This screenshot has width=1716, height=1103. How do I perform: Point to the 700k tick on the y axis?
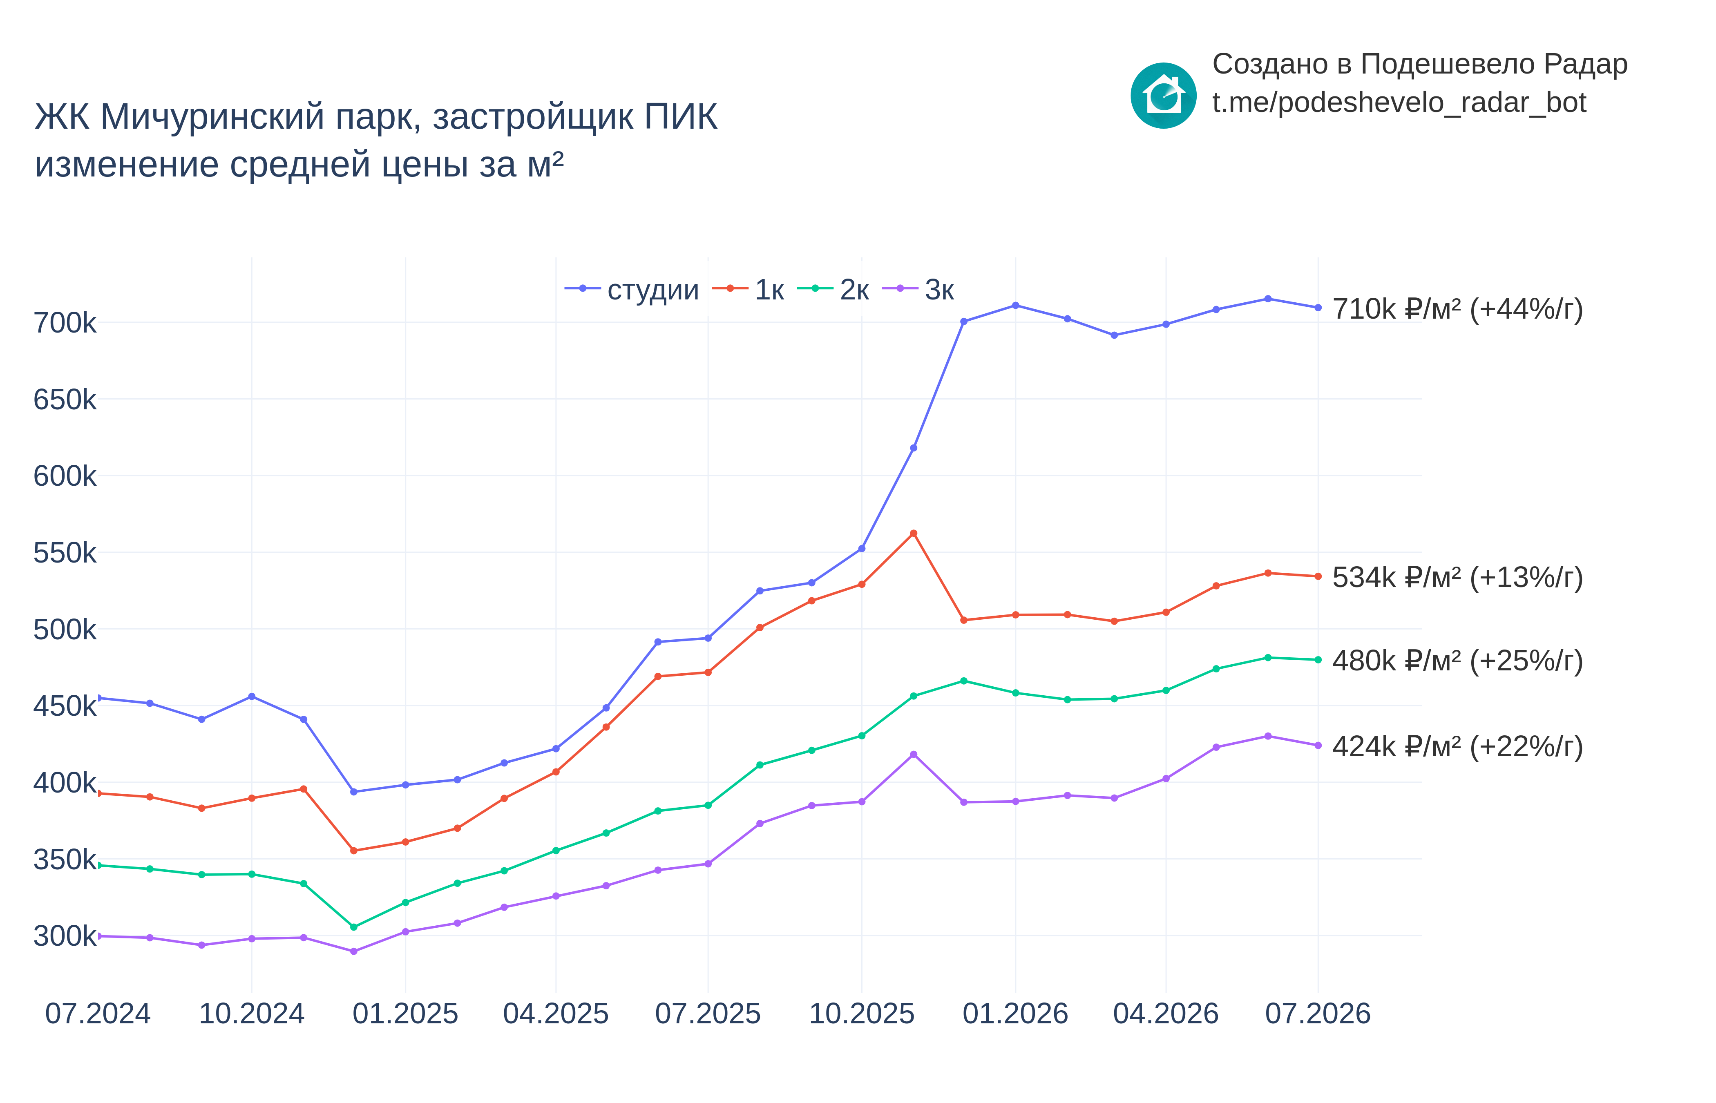click(65, 323)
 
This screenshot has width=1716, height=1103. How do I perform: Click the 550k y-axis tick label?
click(65, 553)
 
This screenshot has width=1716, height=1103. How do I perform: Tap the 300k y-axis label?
click(65, 936)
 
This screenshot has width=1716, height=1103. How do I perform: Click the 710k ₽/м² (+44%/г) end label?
click(1457, 309)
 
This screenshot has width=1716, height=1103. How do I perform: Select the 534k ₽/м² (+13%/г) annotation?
click(1457, 577)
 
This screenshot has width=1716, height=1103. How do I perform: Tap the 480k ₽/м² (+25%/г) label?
click(1457, 660)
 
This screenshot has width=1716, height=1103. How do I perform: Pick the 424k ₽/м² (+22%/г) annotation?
click(1457, 746)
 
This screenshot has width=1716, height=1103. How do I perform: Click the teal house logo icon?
click(1163, 95)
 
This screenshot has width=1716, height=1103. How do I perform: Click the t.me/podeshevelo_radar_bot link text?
click(1399, 103)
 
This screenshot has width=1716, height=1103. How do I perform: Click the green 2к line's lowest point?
click(354, 927)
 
